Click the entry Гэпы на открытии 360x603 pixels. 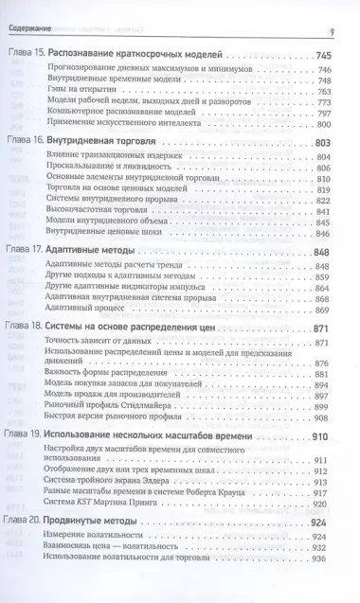[x=96, y=92]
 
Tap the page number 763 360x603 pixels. [x=338, y=92]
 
